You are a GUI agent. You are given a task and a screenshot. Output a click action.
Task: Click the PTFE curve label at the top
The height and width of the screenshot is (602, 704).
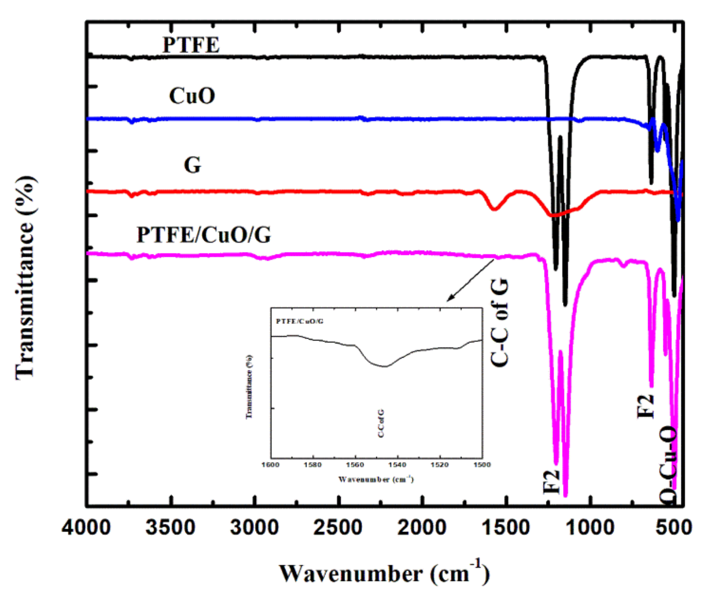[x=191, y=45]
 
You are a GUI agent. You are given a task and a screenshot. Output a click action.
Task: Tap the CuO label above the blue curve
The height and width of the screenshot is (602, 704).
[x=192, y=96]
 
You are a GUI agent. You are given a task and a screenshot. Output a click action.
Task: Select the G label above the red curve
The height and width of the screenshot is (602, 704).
[x=192, y=165]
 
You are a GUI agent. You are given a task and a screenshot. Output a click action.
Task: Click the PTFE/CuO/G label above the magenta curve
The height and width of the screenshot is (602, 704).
[x=204, y=235]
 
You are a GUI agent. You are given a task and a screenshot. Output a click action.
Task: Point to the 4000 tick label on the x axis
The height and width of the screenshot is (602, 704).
[x=86, y=528]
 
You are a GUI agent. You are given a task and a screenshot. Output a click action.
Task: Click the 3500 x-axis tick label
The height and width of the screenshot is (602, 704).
[x=170, y=528]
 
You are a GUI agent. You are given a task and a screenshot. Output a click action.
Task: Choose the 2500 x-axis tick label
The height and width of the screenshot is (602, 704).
[x=338, y=528]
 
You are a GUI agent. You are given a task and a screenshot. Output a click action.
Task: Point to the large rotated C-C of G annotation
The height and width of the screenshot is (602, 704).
[x=500, y=322]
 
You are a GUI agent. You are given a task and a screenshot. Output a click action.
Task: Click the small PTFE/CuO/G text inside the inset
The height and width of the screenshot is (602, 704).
[x=300, y=321]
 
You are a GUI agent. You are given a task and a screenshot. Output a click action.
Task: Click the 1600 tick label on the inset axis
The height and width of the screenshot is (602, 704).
[x=270, y=465]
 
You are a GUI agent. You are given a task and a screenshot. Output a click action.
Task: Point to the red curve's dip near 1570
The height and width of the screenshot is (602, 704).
[x=494, y=209]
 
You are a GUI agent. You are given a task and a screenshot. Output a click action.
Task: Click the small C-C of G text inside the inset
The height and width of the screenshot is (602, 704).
[x=381, y=423]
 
